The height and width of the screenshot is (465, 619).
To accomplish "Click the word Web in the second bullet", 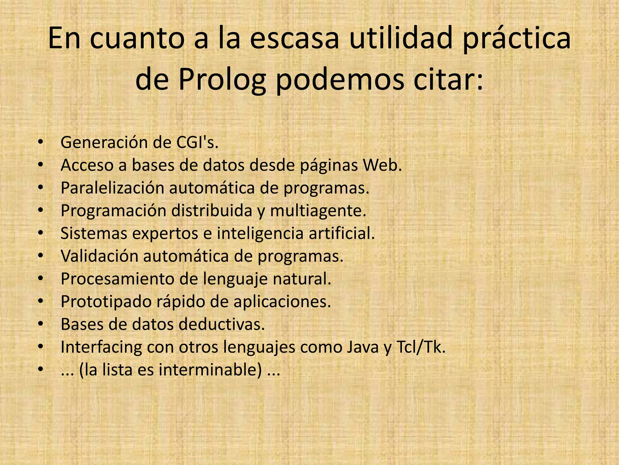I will pyautogui.click(x=382, y=165).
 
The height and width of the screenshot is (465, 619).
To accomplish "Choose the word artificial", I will pyautogui.click(x=341, y=233).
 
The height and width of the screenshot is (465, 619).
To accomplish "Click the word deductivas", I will pyautogui.click(x=222, y=324).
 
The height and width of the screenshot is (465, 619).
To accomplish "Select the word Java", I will pyautogui.click(x=362, y=347).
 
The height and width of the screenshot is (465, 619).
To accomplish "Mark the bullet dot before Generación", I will pyautogui.click(x=41, y=142).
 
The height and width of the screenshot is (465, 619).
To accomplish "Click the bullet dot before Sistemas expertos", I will pyautogui.click(x=41, y=233).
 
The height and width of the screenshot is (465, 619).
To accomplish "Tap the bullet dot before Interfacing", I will pyautogui.click(x=41, y=347).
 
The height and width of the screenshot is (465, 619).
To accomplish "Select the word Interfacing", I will pyautogui.click(x=101, y=347).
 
